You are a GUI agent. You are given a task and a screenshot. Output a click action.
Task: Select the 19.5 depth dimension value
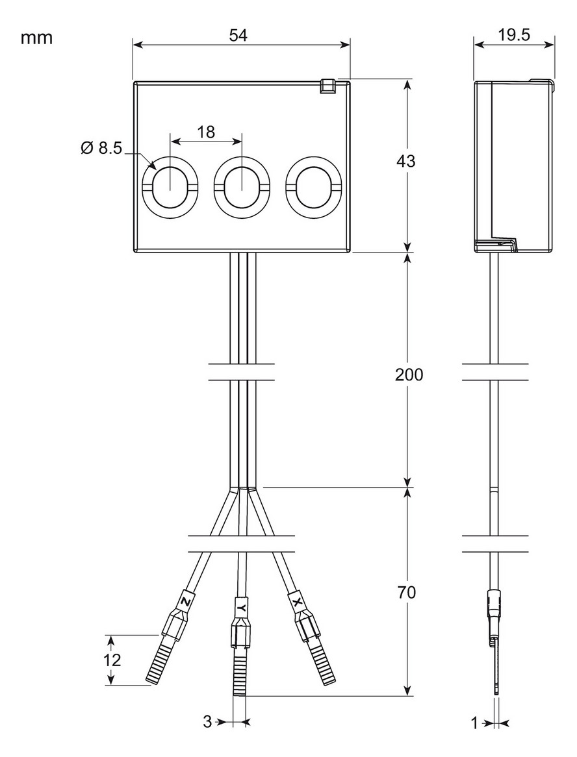click(513, 35)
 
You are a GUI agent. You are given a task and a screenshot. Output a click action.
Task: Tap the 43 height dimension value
click(406, 161)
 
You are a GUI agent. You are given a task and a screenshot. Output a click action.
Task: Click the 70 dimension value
click(406, 592)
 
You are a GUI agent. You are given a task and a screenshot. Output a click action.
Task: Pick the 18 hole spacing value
click(206, 132)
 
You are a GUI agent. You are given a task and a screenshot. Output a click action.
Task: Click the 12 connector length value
click(111, 660)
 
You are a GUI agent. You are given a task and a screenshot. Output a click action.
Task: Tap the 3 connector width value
click(207, 722)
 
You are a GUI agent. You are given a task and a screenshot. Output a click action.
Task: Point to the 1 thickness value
click(474, 722)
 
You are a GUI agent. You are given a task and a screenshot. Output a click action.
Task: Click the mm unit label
click(36, 38)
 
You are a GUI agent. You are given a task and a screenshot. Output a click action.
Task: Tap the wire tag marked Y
click(241, 608)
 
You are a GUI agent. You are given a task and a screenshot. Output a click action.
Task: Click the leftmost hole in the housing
click(169, 186)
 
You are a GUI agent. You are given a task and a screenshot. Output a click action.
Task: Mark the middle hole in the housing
click(241, 186)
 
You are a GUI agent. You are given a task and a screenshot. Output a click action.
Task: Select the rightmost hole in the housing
click(313, 186)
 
